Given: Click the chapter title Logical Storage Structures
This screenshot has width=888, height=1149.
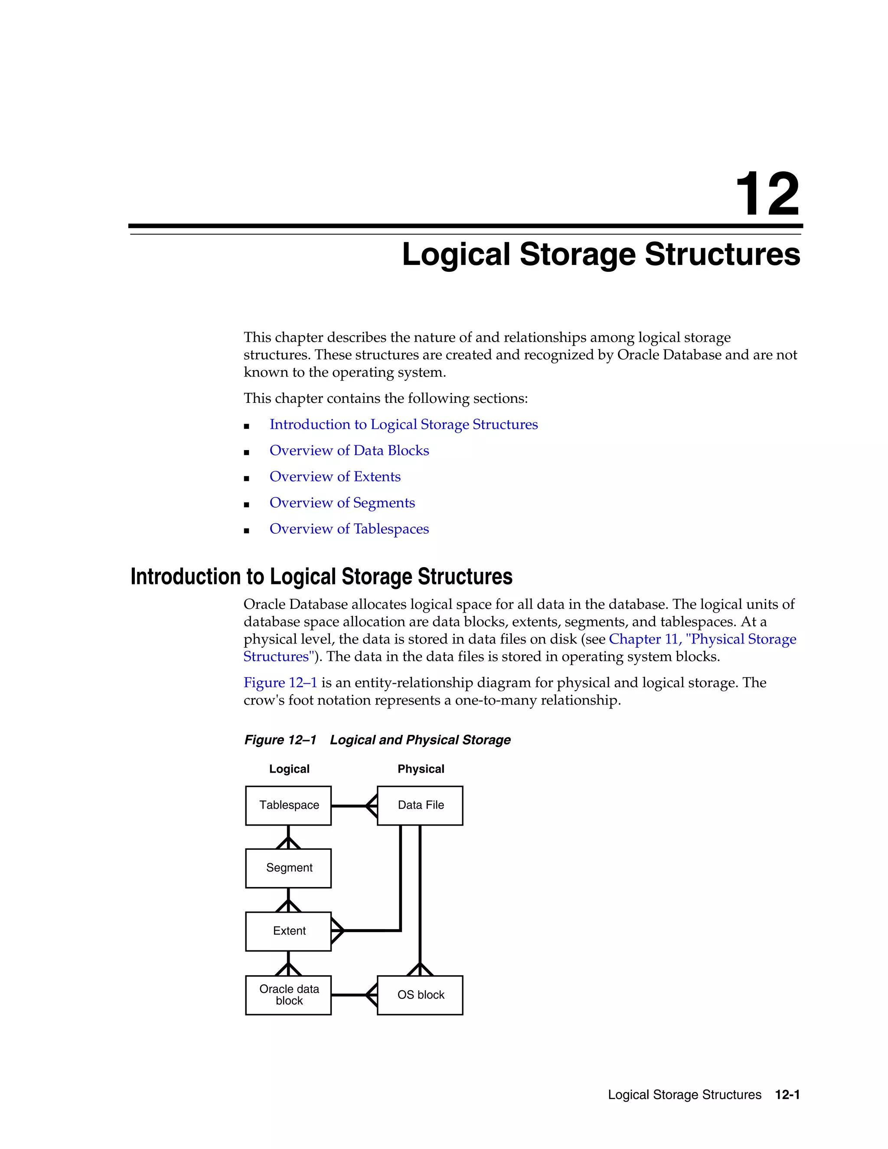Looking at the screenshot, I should click(601, 255).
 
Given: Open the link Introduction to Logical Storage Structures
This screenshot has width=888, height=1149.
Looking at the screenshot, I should click(404, 424).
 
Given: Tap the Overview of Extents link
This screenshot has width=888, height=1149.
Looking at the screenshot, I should click(335, 477).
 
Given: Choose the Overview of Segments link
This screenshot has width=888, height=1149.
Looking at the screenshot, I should click(342, 503).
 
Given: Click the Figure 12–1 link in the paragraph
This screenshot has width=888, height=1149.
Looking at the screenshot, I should click(280, 683).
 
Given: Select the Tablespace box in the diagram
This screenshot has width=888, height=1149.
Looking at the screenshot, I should click(288, 806).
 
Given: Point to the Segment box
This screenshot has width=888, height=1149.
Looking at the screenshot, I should click(288, 868).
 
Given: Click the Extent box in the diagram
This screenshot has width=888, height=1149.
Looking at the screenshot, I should click(288, 931).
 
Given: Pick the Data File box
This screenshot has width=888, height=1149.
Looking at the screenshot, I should click(420, 806).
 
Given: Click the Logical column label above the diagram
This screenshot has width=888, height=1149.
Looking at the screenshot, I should click(289, 769).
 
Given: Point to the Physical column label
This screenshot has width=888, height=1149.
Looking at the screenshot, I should click(420, 769).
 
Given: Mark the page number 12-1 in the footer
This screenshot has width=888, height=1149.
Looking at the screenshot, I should click(787, 1095).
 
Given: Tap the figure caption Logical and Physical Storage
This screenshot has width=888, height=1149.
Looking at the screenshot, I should click(420, 740).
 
